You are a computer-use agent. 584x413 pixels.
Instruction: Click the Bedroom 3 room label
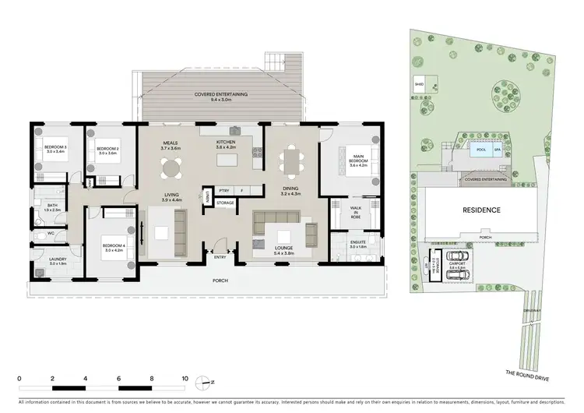click(x=55, y=149)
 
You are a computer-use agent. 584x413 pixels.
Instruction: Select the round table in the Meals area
click(x=171, y=167)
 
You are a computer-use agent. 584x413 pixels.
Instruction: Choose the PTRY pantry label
click(x=224, y=190)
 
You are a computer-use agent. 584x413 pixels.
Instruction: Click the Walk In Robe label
click(x=357, y=214)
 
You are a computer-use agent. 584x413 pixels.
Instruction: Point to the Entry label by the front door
click(x=220, y=256)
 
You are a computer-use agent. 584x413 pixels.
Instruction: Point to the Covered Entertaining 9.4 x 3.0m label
click(x=221, y=97)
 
